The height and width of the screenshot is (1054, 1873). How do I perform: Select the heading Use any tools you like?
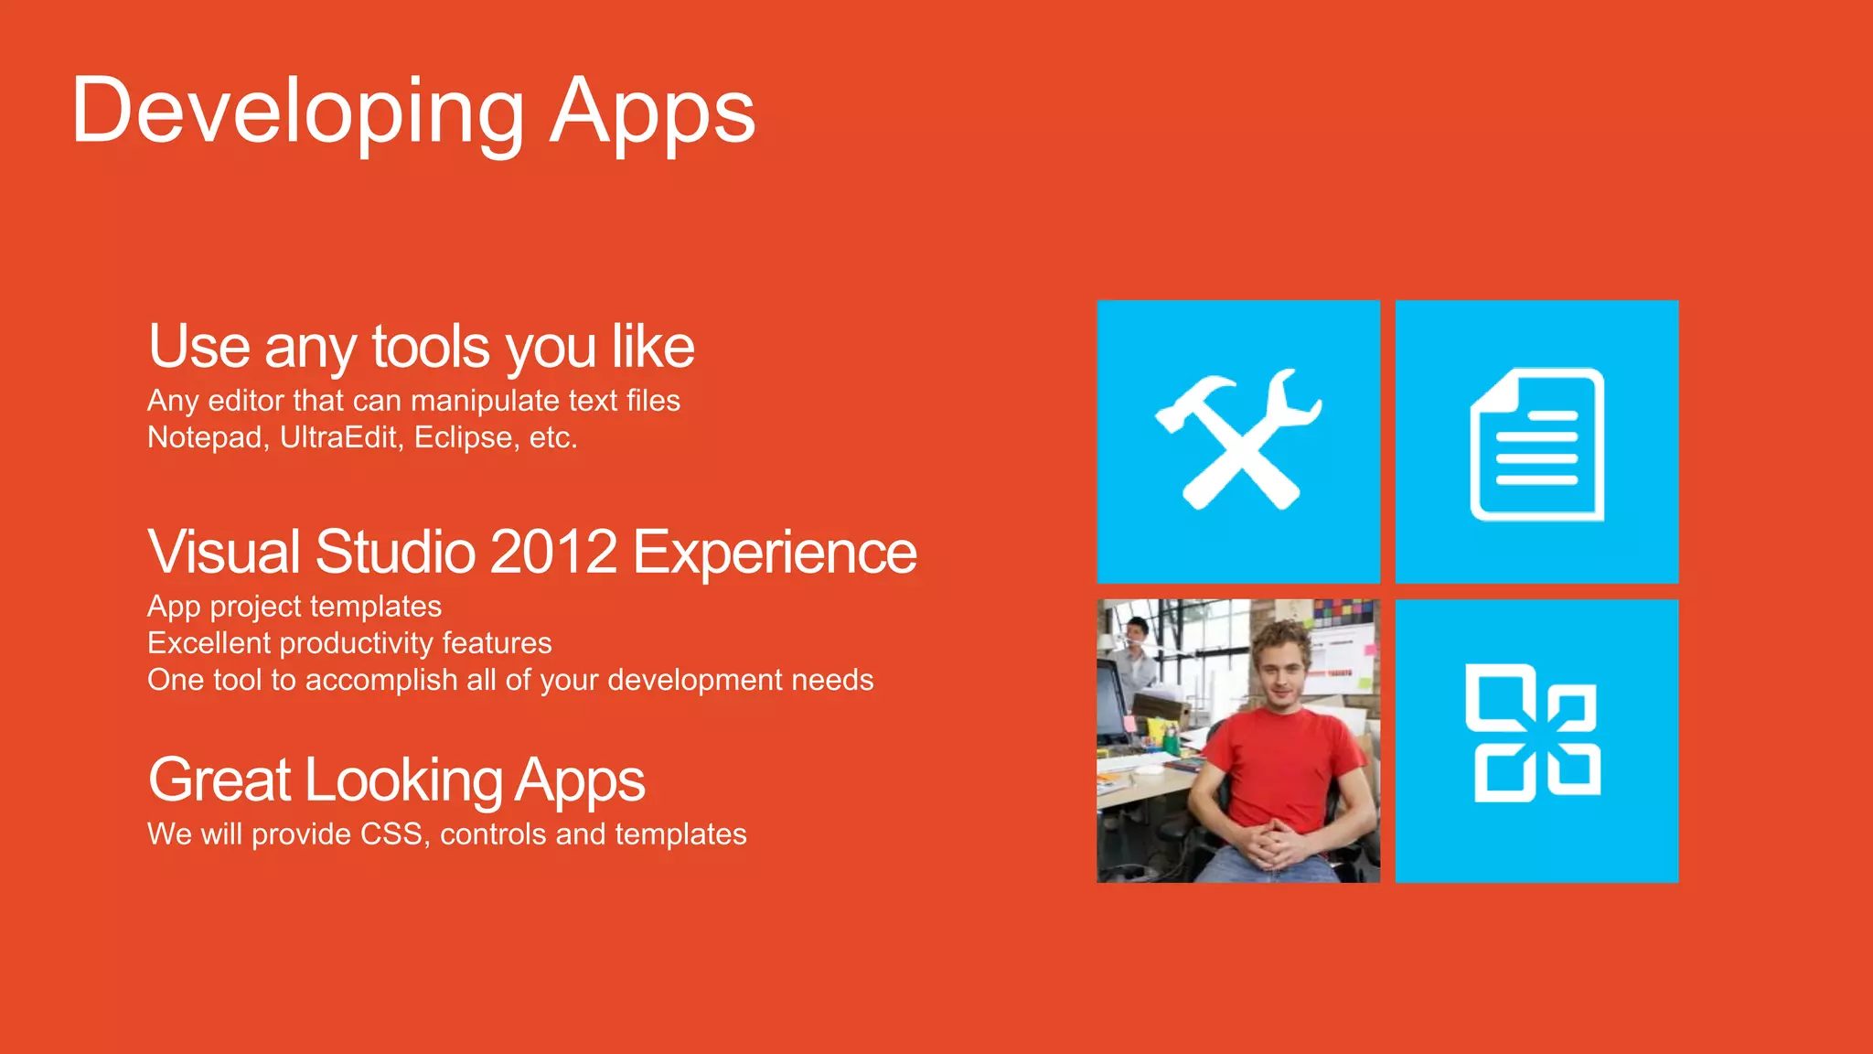(421, 347)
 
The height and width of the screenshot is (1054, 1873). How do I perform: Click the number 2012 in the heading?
(554, 552)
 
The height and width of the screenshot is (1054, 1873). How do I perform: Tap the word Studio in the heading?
(395, 552)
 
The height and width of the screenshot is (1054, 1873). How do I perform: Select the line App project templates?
(294, 607)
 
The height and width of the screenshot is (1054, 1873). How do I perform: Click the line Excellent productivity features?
(349, 643)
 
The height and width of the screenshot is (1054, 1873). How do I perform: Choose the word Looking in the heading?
(403, 780)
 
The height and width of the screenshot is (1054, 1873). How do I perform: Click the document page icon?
(1536, 444)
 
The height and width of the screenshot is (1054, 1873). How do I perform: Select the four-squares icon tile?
(1536, 740)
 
